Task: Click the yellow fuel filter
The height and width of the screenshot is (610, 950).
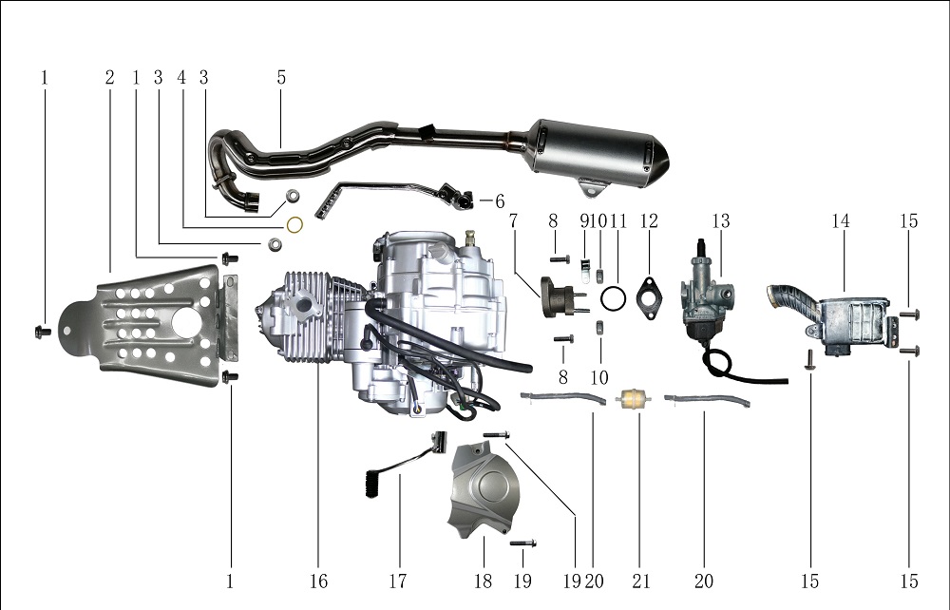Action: [x=628, y=400]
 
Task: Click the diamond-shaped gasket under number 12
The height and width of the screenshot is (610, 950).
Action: [x=649, y=298]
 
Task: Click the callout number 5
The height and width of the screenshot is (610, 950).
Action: [x=281, y=78]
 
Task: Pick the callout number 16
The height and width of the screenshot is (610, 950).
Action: [x=318, y=581]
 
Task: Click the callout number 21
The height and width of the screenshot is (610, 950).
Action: [x=641, y=581]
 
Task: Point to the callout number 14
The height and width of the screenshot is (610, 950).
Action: [x=841, y=221]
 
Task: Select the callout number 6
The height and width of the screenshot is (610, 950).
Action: [x=500, y=201]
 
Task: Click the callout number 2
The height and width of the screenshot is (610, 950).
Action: [x=109, y=78]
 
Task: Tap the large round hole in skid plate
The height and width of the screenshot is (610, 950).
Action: [x=187, y=322]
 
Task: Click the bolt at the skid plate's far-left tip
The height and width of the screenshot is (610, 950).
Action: [x=42, y=332]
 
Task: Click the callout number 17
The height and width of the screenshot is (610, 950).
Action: [x=397, y=581]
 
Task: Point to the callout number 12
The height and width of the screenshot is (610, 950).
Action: [x=649, y=221]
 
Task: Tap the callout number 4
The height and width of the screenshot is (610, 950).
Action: [x=181, y=78]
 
